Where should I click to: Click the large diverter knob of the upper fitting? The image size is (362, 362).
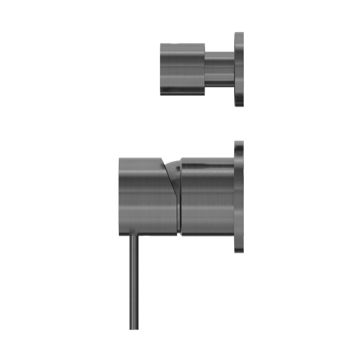pyautogui.click(x=181, y=69)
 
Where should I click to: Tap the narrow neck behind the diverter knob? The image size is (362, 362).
pyautogui.click(x=218, y=69)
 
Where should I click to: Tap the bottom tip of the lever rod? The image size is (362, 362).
pyautogui.click(x=132, y=329)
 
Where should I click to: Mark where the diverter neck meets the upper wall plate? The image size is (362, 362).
pyautogui.click(x=232, y=69)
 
